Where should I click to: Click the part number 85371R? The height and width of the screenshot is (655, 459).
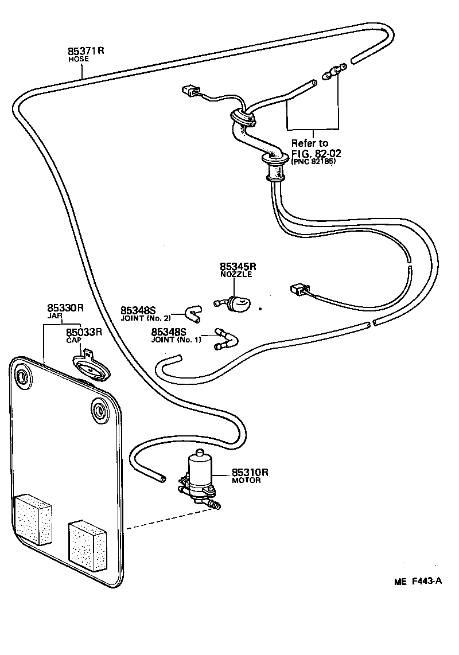(86, 50)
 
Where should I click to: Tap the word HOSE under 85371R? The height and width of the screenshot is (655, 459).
(75, 59)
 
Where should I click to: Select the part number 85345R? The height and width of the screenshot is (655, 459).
(238, 267)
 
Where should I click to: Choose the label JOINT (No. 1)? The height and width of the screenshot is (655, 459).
(176, 340)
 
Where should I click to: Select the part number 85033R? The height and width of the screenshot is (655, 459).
(84, 332)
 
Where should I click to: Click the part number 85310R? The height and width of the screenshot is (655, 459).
(250, 473)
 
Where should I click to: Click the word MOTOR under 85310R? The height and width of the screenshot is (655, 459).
(246, 481)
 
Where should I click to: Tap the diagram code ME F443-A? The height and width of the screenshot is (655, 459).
(418, 581)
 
